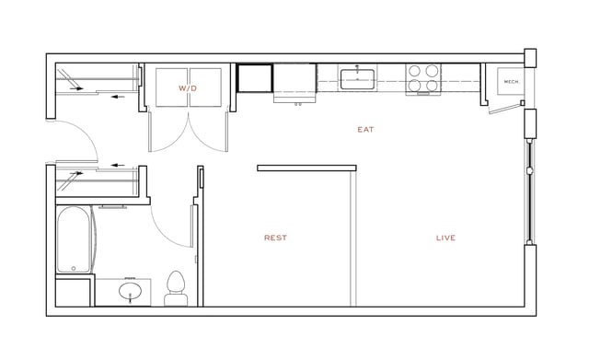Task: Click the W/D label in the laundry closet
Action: click(x=188, y=87)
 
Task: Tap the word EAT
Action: click(x=365, y=130)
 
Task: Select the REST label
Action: click(x=275, y=238)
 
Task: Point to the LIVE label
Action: click(x=445, y=238)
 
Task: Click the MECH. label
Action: click(x=512, y=82)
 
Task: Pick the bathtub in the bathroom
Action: click(x=73, y=239)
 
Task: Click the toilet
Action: click(x=175, y=288)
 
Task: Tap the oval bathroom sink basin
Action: click(x=132, y=293)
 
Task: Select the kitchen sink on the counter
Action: click(x=356, y=79)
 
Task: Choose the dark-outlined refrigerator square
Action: click(x=255, y=78)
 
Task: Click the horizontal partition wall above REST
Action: click(x=306, y=168)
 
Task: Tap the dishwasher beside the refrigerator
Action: click(x=295, y=78)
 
